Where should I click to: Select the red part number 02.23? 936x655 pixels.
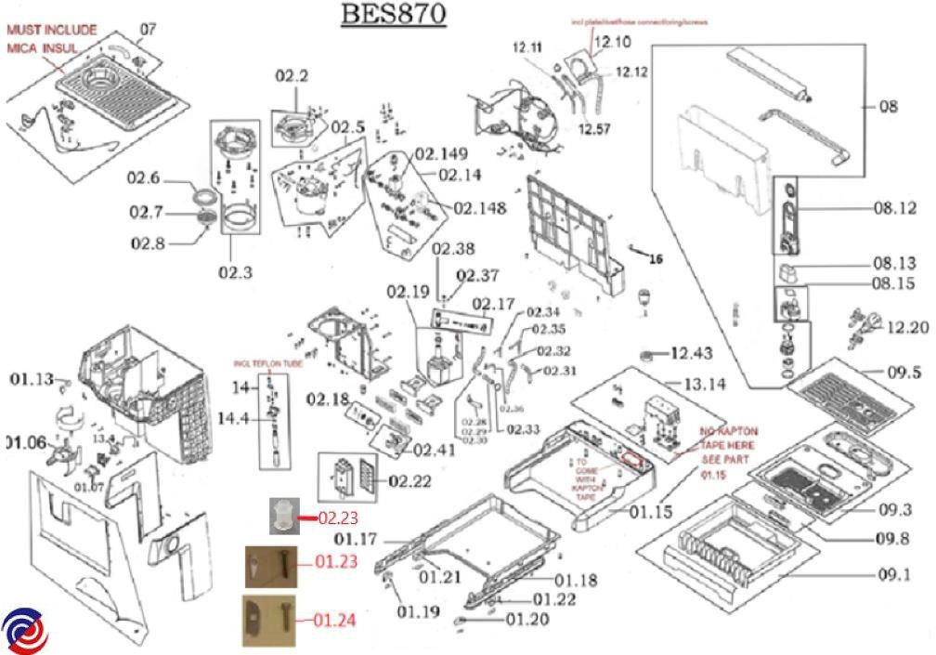(x=337, y=517)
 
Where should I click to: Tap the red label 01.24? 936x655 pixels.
(x=333, y=620)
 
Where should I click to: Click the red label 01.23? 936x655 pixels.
(x=335, y=562)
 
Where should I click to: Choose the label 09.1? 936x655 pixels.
(x=894, y=574)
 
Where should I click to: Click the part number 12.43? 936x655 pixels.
(x=691, y=353)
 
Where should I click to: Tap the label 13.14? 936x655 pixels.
(x=708, y=384)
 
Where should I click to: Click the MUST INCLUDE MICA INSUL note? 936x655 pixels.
(x=51, y=37)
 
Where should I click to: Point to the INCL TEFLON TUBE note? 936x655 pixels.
(x=268, y=363)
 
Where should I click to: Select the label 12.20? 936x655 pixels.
(x=907, y=327)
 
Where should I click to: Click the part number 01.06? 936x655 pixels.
(x=24, y=441)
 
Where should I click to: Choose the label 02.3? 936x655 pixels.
(x=236, y=272)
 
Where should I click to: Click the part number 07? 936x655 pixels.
(x=148, y=29)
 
